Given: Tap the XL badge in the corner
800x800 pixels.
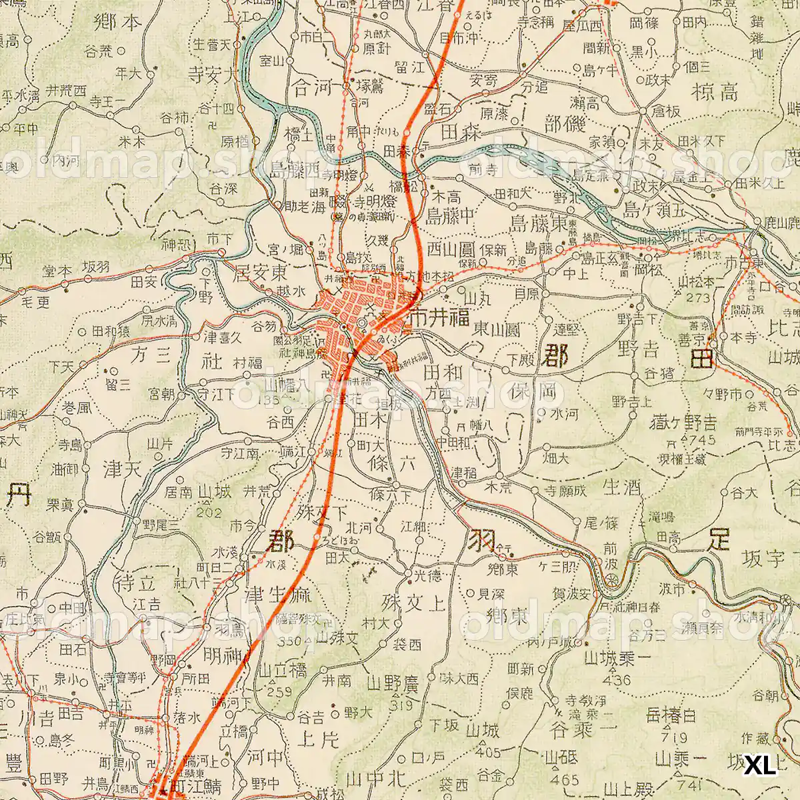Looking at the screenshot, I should click(760, 765).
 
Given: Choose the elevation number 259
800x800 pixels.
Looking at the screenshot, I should click(274, 692).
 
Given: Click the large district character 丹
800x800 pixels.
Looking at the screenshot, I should click(19, 494).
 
